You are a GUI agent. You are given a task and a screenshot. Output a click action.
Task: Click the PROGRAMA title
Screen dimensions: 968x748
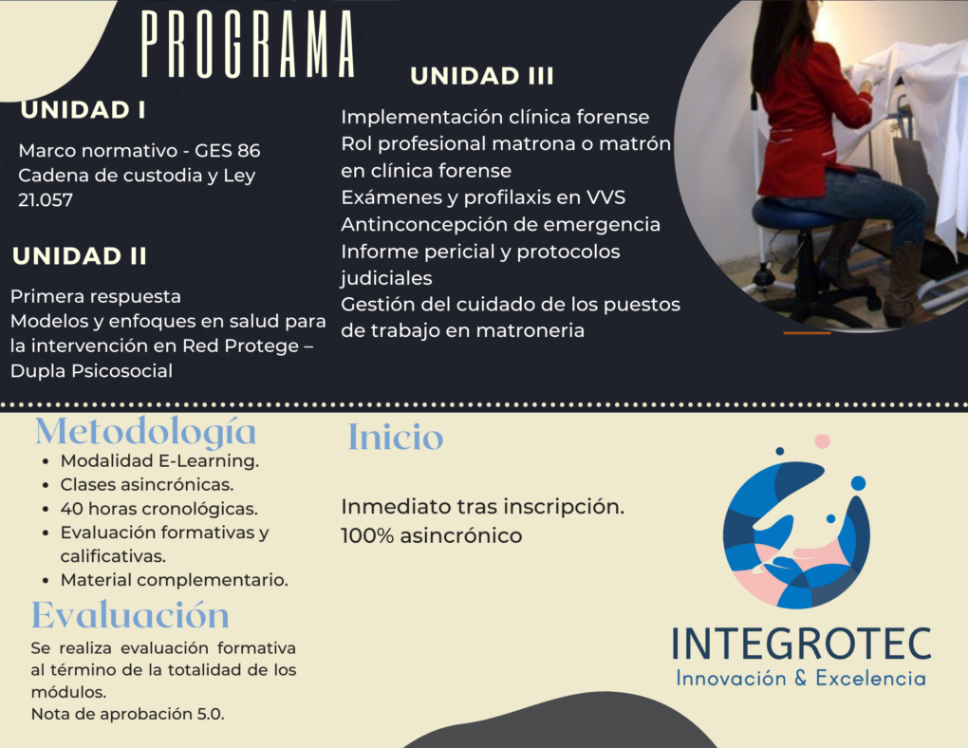[x=248, y=45]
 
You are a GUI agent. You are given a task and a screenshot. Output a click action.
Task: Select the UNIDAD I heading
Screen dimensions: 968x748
[x=84, y=110]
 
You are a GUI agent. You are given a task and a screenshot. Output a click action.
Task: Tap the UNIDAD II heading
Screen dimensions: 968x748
[x=80, y=255]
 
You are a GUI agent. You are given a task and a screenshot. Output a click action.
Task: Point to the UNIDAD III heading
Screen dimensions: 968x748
[x=481, y=76]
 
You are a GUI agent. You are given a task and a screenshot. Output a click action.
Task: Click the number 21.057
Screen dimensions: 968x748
[x=46, y=199]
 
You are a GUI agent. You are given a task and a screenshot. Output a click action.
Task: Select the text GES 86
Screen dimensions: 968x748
[x=227, y=150]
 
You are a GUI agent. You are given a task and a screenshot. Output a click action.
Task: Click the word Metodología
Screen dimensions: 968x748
[x=146, y=432]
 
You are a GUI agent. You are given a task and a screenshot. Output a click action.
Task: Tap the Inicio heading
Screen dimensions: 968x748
[x=396, y=437]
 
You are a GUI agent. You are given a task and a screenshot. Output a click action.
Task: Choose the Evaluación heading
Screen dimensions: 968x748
[x=130, y=614]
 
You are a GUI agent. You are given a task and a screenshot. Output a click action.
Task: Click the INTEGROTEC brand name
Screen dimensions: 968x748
[x=801, y=644]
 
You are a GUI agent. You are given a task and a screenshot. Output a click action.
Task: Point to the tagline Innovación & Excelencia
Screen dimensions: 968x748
[x=801, y=678]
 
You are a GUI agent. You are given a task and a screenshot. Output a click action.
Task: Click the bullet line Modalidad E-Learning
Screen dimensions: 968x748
[x=159, y=460]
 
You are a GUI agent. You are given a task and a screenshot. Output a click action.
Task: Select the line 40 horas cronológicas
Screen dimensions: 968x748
[x=158, y=509]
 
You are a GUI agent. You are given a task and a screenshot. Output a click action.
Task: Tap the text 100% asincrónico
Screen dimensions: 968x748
[x=432, y=535]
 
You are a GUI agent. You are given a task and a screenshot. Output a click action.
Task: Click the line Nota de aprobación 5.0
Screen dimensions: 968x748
[x=128, y=714]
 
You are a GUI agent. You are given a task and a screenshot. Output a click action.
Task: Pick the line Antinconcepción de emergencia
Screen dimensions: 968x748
[x=501, y=224]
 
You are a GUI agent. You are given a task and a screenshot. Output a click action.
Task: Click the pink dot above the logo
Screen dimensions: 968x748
[x=822, y=441]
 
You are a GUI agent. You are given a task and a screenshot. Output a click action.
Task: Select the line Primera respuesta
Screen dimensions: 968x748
[x=96, y=296]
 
